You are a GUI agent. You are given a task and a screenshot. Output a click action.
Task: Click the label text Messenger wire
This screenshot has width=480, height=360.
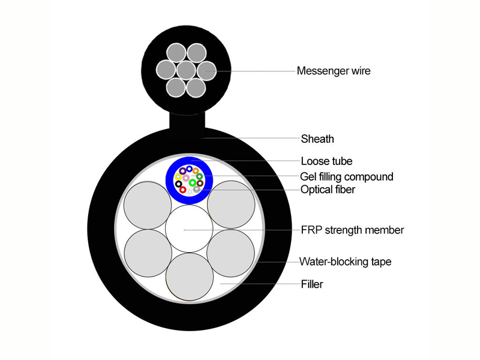(334, 71)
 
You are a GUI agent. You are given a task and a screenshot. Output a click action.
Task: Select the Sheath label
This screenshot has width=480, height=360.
(317, 139)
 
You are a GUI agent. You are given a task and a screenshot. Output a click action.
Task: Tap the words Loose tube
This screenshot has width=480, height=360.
(326, 161)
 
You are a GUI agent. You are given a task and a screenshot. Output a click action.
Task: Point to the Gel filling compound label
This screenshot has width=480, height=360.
(347, 176)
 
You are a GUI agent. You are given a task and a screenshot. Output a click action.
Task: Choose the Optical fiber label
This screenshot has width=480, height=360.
(328, 190)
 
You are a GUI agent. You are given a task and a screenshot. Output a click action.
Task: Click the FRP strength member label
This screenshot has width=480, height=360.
(352, 230)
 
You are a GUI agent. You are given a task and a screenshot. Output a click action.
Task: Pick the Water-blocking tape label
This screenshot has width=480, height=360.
(346, 262)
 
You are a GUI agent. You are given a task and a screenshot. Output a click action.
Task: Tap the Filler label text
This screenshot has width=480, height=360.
(312, 284)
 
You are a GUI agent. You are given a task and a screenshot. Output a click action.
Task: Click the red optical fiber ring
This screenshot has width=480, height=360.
(183, 190)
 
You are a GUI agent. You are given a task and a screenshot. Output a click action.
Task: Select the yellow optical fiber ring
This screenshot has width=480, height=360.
(178, 176)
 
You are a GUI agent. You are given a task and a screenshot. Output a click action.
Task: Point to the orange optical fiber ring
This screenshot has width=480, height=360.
(196, 171)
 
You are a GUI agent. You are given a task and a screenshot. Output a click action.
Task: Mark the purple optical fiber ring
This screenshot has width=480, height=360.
(183, 171)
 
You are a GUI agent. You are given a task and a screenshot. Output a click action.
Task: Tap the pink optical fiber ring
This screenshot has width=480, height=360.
(186, 178)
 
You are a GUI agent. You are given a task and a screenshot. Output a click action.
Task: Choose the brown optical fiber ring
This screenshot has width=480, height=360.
(200, 184)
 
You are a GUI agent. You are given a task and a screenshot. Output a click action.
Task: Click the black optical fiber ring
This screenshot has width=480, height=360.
(178, 184)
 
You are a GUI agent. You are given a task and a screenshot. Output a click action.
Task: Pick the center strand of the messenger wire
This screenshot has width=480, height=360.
(186, 70)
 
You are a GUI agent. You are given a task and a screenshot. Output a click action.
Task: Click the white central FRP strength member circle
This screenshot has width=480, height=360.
(189, 229)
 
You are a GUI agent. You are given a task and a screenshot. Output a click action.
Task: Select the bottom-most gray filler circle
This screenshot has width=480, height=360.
(190, 277)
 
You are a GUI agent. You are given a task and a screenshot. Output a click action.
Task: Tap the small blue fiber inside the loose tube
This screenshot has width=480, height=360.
(189, 169)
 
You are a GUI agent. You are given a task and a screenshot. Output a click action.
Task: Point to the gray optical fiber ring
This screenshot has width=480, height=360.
(197, 190)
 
